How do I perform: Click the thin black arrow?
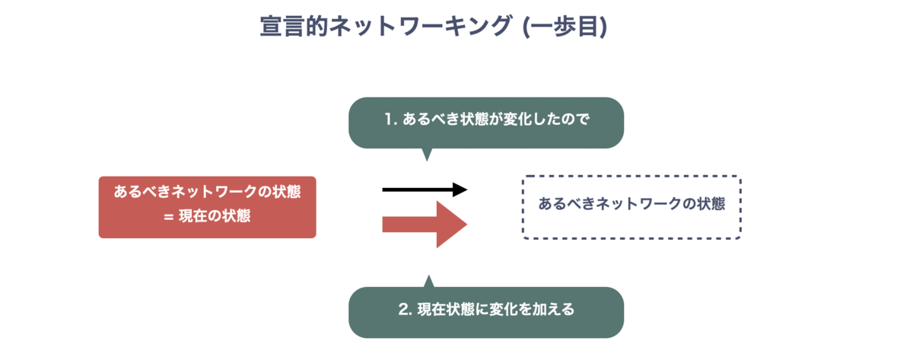click(425, 190)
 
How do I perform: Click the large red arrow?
click(425, 225)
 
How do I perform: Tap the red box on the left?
click(208, 207)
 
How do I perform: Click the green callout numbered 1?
click(486, 123)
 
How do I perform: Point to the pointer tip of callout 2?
click(428, 276)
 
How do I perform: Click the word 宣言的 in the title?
click(294, 26)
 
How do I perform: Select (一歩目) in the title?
click(565, 27)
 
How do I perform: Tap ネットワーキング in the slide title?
click(420, 26)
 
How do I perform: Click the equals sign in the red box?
click(169, 217)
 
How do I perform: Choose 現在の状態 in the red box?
click(215, 215)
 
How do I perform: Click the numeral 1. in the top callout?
click(391, 119)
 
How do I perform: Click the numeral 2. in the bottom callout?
click(405, 309)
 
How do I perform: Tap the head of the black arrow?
click(460, 190)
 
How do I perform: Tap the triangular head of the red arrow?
click(452, 225)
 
